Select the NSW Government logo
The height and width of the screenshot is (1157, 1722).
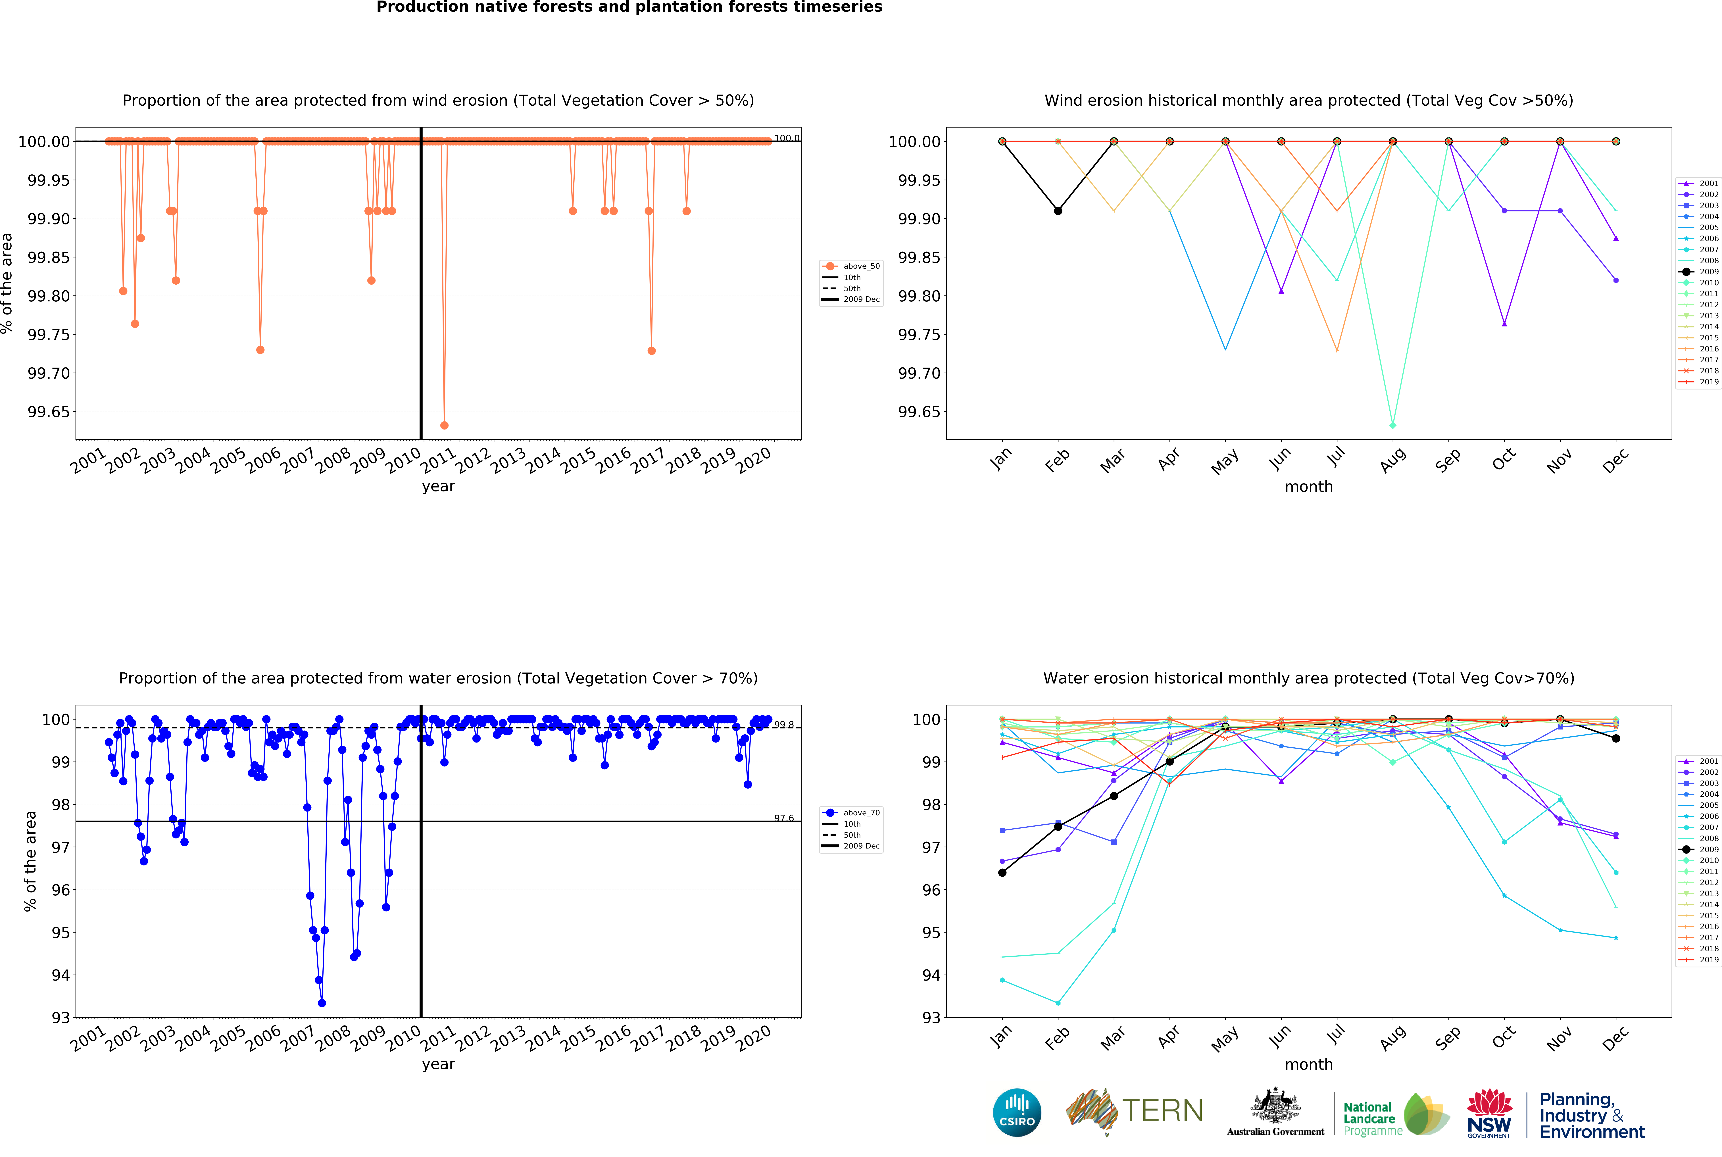pyautogui.click(x=1489, y=1113)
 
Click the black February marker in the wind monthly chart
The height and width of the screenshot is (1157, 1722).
pyautogui.click(x=1058, y=211)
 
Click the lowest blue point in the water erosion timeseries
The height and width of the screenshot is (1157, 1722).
pyautogui.click(x=322, y=1003)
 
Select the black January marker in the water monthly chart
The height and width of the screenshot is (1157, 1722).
pyautogui.click(x=1002, y=873)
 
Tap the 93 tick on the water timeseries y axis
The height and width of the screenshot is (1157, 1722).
pyautogui.click(x=61, y=1018)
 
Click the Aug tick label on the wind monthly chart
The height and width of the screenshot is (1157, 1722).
pyautogui.click(x=1392, y=460)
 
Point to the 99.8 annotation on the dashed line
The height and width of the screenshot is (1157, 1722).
pyautogui.click(x=783, y=725)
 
